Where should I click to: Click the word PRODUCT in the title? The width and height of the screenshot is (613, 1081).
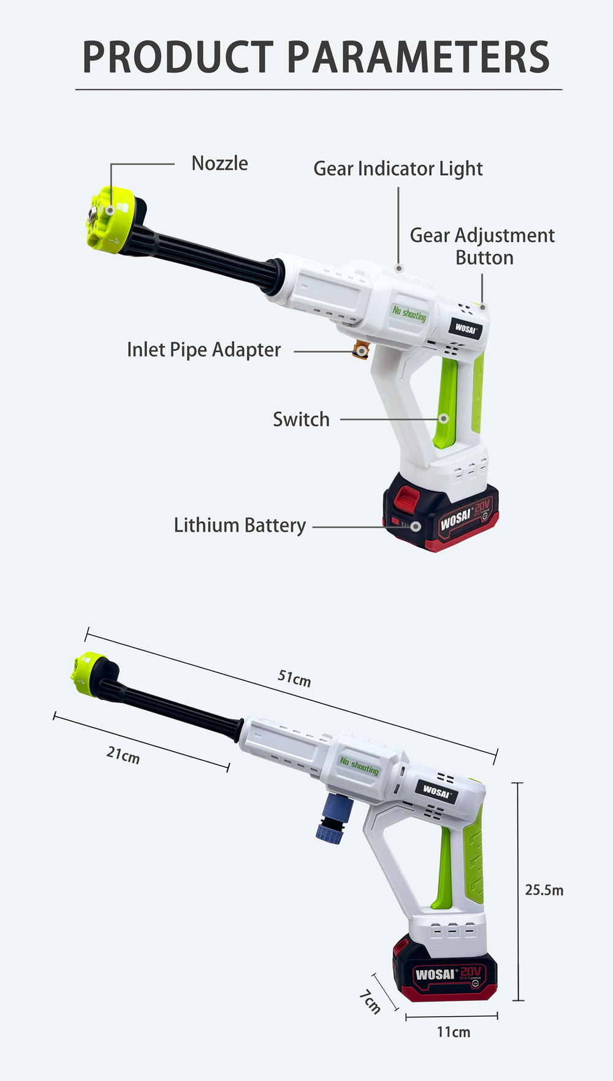178,58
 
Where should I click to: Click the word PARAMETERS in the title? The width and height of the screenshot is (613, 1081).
418,58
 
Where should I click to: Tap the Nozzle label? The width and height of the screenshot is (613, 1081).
219,164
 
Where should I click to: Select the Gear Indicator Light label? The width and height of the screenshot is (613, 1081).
398,169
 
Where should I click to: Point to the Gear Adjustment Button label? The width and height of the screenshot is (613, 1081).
482,246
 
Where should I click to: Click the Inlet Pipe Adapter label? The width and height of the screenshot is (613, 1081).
204,350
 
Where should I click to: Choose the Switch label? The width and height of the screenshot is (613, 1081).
301,420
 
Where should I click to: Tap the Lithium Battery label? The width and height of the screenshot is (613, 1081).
240,525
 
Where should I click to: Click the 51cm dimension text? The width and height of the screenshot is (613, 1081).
294,678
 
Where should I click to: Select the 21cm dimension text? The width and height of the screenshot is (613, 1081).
123,755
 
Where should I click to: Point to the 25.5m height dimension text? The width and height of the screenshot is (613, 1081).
544,890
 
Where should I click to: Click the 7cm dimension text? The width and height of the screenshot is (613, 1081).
370,1002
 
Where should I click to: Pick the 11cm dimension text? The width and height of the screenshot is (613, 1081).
454,1032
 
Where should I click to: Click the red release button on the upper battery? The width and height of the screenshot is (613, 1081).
405,497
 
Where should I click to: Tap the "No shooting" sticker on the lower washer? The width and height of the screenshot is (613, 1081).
360,766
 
